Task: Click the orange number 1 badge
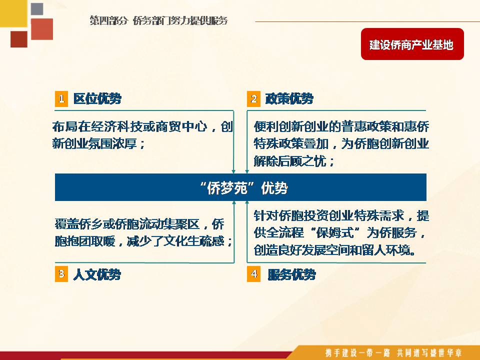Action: pos(61,98)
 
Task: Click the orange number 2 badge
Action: pos(253,98)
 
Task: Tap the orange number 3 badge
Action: pos(61,273)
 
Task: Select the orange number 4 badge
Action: pos(253,273)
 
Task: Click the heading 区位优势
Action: pos(97,98)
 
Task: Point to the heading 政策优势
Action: pos(289,98)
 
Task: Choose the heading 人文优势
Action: pos(97,274)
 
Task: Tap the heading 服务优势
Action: pos(291,274)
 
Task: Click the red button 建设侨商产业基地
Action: pos(412,44)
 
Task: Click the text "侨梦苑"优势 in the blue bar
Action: pos(243,187)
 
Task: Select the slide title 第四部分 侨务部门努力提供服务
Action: pos(159,20)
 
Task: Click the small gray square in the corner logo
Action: pos(37,9)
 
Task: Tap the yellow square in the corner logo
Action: pos(13,13)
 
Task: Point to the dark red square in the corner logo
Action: pos(19,39)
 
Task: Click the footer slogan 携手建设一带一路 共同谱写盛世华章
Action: pos(393,352)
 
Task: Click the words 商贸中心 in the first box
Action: pos(181,126)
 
